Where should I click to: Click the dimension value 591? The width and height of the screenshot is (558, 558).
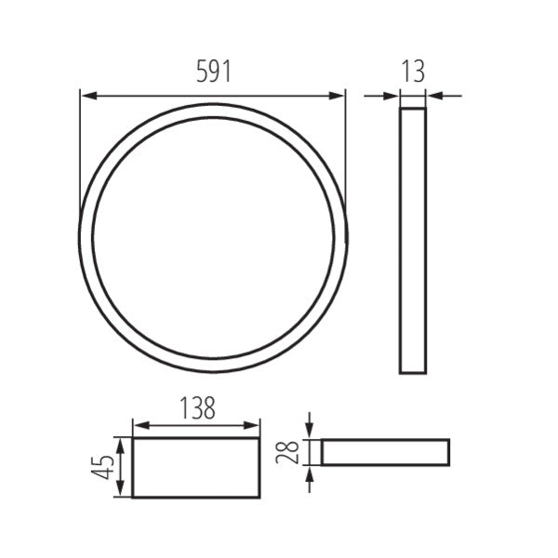pyautogui.click(x=213, y=73)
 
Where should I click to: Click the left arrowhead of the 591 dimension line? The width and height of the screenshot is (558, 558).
pyautogui.click(x=86, y=94)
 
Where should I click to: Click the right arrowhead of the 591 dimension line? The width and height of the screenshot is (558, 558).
pyautogui.click(x=339, y=94)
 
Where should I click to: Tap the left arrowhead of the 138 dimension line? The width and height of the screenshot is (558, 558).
pyautogui.click(x=139, y=426)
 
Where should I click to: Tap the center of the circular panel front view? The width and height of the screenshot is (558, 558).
pyautogui.click(x=213, y=238)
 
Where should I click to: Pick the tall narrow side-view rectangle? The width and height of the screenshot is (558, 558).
pyautogui.click(x=413, y=241)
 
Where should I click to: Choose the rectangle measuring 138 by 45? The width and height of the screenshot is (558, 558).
pyautogui.click(x=196, y=468)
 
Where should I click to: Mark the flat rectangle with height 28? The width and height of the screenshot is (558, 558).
pyautogui.click(x=385, y=452)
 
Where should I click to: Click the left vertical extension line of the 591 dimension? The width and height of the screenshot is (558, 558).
pyautogui.click(x=80, y=158)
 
